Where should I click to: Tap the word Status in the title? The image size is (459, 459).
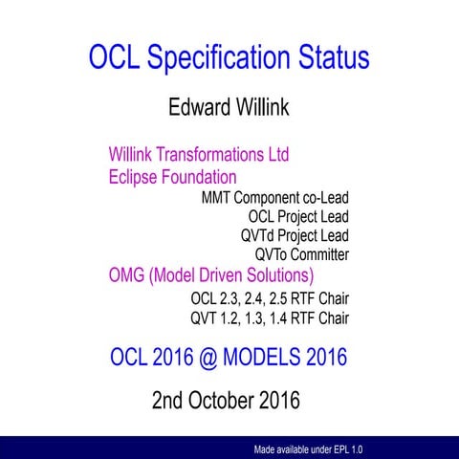[330, 57]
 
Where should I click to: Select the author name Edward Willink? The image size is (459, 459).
[229, 107]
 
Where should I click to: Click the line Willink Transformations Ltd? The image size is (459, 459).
[198, 154]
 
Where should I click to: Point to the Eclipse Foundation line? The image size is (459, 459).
[172, 177]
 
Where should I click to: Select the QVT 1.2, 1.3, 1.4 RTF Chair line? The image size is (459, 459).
[270, 317]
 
